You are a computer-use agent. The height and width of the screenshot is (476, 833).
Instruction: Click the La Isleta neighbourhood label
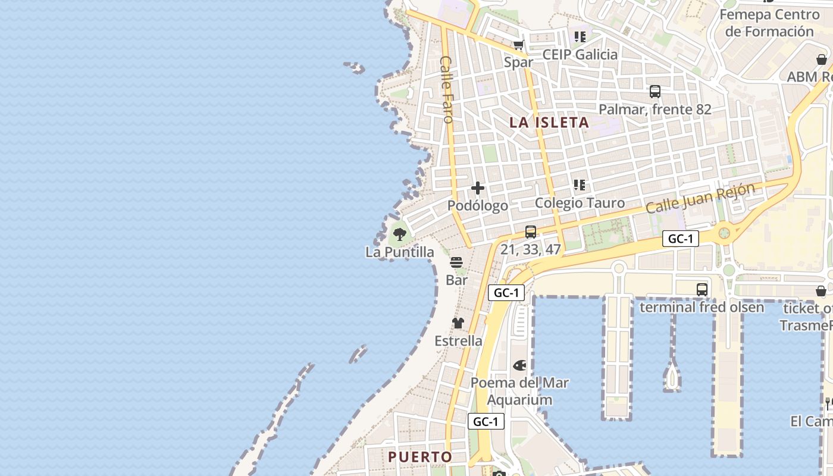click(550, 123)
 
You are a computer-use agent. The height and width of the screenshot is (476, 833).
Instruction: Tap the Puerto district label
click(420, 457)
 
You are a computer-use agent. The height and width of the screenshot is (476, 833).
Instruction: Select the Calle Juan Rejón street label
click(700, 198)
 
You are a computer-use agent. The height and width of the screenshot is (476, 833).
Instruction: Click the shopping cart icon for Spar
click(519, 45)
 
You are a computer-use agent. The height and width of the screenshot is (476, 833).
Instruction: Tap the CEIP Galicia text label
click(580, 55)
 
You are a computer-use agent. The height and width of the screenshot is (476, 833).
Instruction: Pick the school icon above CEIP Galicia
click(580, 37)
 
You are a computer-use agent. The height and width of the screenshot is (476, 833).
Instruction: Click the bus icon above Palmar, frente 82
click(655, 92)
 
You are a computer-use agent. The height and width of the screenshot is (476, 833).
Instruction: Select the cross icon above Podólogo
click(478, 189)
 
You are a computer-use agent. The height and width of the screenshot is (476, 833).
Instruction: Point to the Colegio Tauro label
click(580, 203)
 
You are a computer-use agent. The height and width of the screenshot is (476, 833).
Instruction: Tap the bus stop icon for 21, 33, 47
click(531, 232)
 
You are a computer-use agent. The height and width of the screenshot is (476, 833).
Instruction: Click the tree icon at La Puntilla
click(400, 234)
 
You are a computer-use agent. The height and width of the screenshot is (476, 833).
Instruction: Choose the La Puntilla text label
click(400, 252)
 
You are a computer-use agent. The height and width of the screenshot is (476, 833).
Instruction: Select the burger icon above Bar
click(456, 262)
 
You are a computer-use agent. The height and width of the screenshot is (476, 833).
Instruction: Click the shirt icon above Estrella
click(458, 323)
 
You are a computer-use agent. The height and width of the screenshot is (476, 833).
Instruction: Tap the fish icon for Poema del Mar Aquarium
click(519, 365)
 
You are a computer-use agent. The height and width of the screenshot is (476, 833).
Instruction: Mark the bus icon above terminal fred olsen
click(702, 290)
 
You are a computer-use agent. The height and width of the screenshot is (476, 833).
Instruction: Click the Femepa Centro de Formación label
click(769, 23)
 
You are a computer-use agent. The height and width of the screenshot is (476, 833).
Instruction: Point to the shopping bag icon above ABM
click(822, 59)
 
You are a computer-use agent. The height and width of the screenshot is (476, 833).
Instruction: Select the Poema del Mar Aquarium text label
click(519, 391)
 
